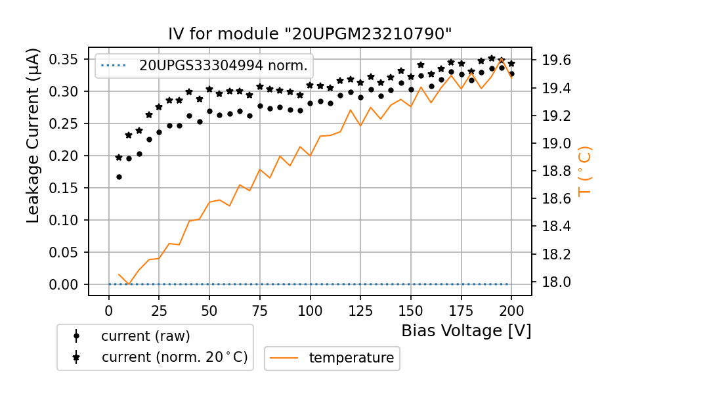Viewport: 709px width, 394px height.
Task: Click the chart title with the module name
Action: coord(310,33)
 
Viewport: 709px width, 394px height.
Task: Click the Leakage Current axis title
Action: coord(33,135)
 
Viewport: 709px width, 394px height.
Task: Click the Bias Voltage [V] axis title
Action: coord(466,330)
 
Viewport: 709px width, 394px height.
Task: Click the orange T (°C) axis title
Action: coord(584,171)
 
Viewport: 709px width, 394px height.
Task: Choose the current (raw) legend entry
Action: coord(145,336)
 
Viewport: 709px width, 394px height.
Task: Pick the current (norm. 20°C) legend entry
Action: coord(174,357)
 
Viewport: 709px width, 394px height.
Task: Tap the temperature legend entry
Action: coord(351,358)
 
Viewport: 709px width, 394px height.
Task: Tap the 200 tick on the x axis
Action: coord(511,310)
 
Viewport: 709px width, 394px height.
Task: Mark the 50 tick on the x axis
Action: coord(209,310)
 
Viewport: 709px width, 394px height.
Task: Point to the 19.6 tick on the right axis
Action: coord(557,60)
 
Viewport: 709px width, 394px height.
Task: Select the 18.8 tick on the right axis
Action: coord(557,171)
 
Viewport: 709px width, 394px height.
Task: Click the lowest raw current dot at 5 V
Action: coord(119,177)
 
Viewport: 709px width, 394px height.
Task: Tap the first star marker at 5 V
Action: coord(119,158)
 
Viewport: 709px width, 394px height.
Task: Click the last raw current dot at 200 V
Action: coord(511,74)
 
